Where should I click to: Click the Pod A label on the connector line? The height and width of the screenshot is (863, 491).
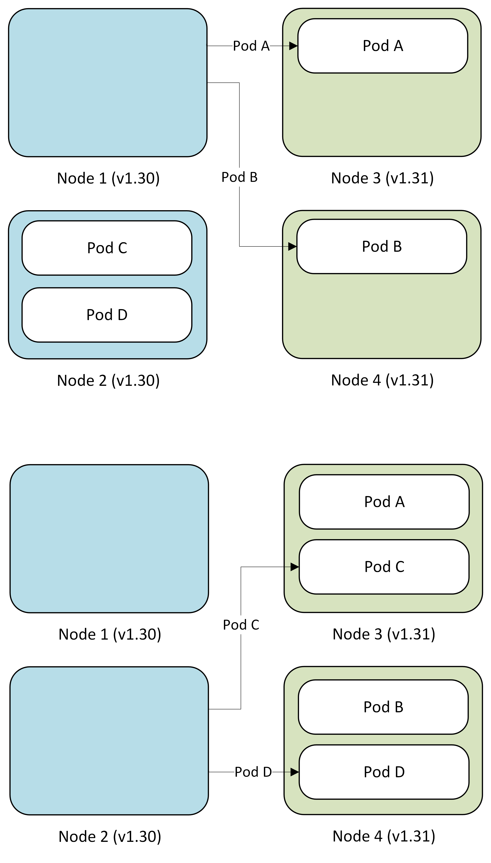point(251,46)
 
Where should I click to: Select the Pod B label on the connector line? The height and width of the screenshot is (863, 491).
point(239,177)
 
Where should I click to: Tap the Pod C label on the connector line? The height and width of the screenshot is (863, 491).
point(241,625)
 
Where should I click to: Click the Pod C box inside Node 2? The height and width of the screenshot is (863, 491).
point(107,248)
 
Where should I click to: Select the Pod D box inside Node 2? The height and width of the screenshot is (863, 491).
point(107,315)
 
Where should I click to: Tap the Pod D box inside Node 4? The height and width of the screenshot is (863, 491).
point(384,772)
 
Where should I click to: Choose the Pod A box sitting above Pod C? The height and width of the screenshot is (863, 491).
point(384,502)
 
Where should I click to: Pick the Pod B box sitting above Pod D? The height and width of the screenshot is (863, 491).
point(383,707)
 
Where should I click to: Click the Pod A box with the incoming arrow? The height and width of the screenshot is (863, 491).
point(383,46)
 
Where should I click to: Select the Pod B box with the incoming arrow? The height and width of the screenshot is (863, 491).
point(382,246)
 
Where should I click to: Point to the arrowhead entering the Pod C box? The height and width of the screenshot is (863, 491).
point(294,567)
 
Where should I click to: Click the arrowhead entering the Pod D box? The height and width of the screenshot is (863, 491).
point(294,772)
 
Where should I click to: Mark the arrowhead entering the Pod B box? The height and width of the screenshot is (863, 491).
point(292,247)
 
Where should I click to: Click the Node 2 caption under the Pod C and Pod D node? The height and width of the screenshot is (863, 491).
point(108,380)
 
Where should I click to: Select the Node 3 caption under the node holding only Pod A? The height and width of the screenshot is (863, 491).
point(382,178)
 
